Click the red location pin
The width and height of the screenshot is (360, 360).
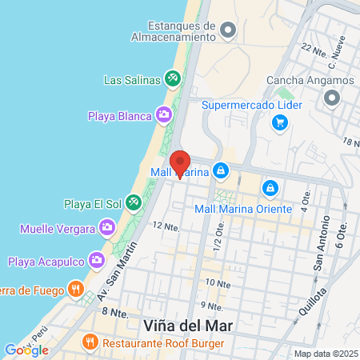click(x=180, y=163)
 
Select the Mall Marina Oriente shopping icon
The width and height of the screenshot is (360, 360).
click(x=270, y=188)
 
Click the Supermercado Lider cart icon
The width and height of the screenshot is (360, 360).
click(x=279, y=122)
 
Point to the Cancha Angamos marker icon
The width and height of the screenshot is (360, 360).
click(x=332, y=98)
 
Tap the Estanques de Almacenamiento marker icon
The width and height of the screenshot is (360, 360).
click(x=228, y=31)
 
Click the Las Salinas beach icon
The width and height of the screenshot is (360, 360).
click(x=171, y=78)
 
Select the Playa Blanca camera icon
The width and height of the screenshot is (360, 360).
click(x=164, y=116)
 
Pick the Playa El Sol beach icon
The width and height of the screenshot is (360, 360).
click(x=132, y=203)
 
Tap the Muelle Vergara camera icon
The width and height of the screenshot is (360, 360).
click(x=106, y=230)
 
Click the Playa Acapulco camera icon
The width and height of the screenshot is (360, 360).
click(x=97, y=260)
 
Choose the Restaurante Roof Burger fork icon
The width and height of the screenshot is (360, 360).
click(x=90, y=342)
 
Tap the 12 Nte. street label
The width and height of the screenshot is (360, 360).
click(x=165, y=226)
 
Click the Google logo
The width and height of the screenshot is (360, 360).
click(x=26, y=350)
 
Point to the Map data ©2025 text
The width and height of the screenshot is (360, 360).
click(x=326, y=354)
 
